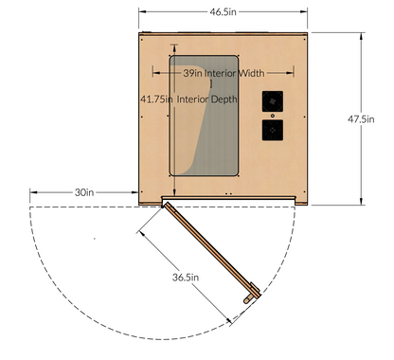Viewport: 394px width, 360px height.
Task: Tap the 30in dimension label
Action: point(84,192)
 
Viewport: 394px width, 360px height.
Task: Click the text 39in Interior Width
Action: point(224,72)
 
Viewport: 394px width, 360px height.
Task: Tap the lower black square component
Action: point(272,130)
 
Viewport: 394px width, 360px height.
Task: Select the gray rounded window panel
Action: point(203,117)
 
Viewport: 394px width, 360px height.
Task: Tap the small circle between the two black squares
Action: point(272,116)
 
